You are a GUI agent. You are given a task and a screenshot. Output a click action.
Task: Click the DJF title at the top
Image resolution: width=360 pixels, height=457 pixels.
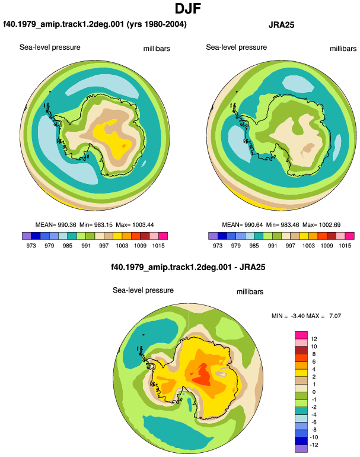click(x=188, y=8)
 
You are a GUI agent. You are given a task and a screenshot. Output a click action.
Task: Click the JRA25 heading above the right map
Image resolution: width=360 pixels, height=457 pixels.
click(x=281, y=25)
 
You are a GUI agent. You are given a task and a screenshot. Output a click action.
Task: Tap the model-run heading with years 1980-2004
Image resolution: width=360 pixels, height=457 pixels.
click(x=95, y=24)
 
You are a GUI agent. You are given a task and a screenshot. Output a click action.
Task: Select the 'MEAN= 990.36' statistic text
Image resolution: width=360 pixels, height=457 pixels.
click(x=56, y=225)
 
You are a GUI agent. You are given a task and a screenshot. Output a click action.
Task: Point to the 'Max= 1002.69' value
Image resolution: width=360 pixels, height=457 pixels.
click(x=321, y=225)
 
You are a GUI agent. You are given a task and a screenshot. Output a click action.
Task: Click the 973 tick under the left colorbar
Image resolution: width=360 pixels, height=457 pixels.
click(x=31, y=245)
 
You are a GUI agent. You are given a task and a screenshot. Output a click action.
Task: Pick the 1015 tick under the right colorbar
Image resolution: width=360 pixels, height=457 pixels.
click(x=345, y=245)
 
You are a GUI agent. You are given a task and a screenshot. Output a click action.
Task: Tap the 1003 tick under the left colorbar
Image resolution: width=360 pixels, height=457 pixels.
click(x=122, y=245)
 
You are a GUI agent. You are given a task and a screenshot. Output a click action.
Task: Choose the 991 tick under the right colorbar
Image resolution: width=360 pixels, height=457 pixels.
click(x=272, y=245)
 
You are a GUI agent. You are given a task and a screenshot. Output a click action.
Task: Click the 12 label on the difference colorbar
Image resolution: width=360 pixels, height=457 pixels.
click(x=314, y=339)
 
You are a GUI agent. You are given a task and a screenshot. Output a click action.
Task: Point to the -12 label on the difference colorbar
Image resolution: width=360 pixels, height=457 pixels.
click(x=314, y=445)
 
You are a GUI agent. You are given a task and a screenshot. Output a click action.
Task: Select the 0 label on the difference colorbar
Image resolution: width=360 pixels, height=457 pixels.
click(x=314, y=392)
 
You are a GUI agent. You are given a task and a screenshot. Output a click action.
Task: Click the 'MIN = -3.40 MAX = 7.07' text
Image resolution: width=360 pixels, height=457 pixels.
click(x=306, y=316)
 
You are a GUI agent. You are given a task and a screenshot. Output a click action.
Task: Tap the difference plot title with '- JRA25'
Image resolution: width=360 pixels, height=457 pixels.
click(x=188, y=267)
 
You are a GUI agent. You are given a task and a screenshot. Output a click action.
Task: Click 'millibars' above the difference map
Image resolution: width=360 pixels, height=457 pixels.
click(x=250, y=292)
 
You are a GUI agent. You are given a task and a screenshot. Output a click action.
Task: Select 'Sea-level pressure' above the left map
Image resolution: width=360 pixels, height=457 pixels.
click(x=50, y=47)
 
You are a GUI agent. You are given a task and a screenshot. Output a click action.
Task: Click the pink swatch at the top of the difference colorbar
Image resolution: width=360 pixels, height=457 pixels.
click(x=301, y=335)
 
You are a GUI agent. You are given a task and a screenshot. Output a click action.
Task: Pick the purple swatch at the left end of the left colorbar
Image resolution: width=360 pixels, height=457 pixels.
click(x=27, y=236)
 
